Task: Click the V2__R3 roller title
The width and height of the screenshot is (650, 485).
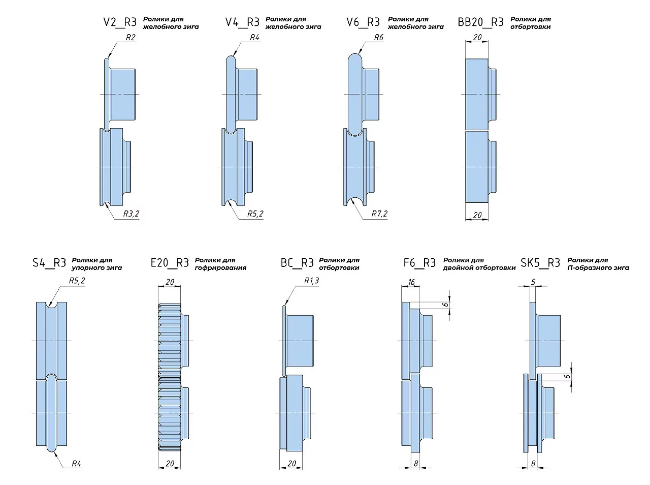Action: [120, 22]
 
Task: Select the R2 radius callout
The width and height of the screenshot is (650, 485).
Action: [131, 37]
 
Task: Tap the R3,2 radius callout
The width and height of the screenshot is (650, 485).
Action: [131, 214]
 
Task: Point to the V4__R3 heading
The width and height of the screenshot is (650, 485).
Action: [242, 22]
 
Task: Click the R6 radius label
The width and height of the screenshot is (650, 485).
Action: [378, 37]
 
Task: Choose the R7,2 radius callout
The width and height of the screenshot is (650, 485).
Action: [379, 214]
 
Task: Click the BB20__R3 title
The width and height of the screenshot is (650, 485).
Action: [480, 22]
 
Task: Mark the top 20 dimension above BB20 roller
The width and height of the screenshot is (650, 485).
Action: [477, 37]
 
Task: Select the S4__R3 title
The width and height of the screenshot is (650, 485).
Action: [49, 263]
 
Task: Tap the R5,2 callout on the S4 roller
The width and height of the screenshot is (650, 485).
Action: [77, 281]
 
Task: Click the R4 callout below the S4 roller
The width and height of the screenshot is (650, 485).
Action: [76, 463]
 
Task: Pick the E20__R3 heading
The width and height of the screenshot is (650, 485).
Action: [170, 263]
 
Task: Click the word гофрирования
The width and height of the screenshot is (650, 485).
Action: [220, 268]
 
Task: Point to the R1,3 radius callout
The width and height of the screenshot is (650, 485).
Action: [311, 281]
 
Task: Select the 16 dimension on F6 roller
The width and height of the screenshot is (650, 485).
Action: [411, 282]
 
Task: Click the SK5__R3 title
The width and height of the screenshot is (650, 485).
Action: [540, 263]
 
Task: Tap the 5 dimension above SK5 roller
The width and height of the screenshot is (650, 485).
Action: [533, 282]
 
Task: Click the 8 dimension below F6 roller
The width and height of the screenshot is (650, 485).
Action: [415, 463]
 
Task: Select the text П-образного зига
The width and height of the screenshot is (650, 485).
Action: [598, 268]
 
